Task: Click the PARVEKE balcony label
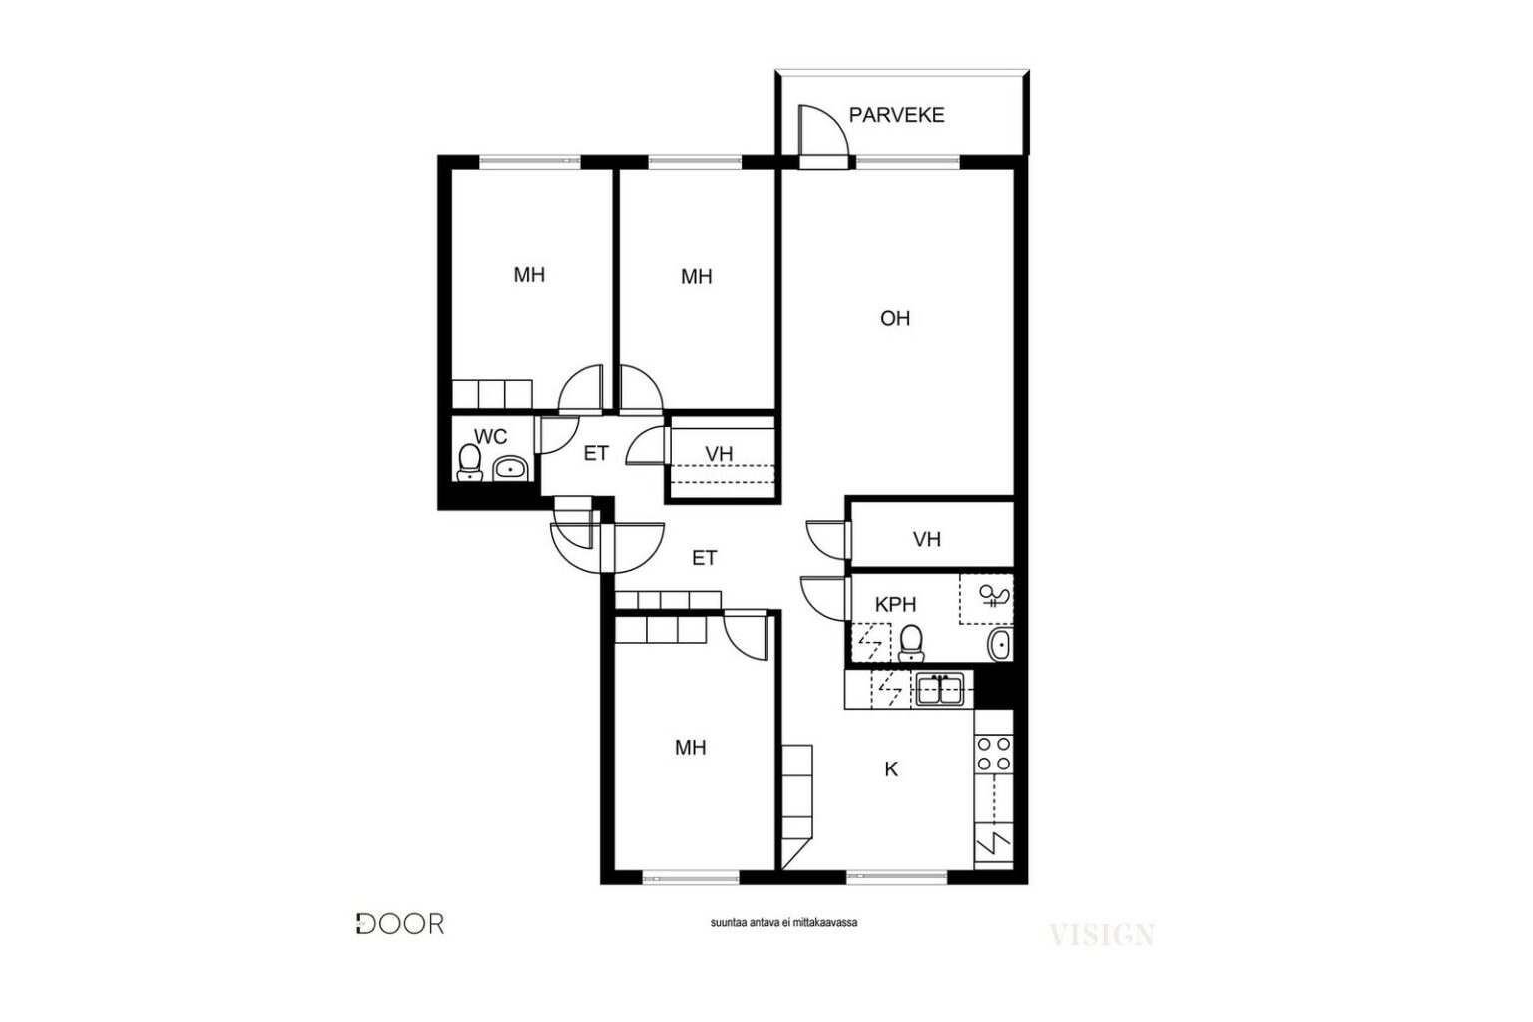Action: (896, 115)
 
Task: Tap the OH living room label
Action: (895, 318)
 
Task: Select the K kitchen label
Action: (891, 769)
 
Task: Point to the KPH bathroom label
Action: (895, 604)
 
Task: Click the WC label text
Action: (491, 436)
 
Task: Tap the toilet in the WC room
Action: (469, 463)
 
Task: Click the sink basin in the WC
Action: (510, 469)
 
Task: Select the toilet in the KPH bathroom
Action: (911, 643)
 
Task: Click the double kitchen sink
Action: (940, 689)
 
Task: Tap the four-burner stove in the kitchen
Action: (994, 753)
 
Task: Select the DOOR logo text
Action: (400, 923)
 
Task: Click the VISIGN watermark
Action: (1102, 934)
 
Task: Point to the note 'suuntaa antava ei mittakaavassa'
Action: (783, 922)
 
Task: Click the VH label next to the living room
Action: (926, 539)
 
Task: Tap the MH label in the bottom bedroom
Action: (690, 747)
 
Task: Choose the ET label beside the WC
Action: (596, 453)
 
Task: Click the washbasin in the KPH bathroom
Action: (1000, 644)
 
